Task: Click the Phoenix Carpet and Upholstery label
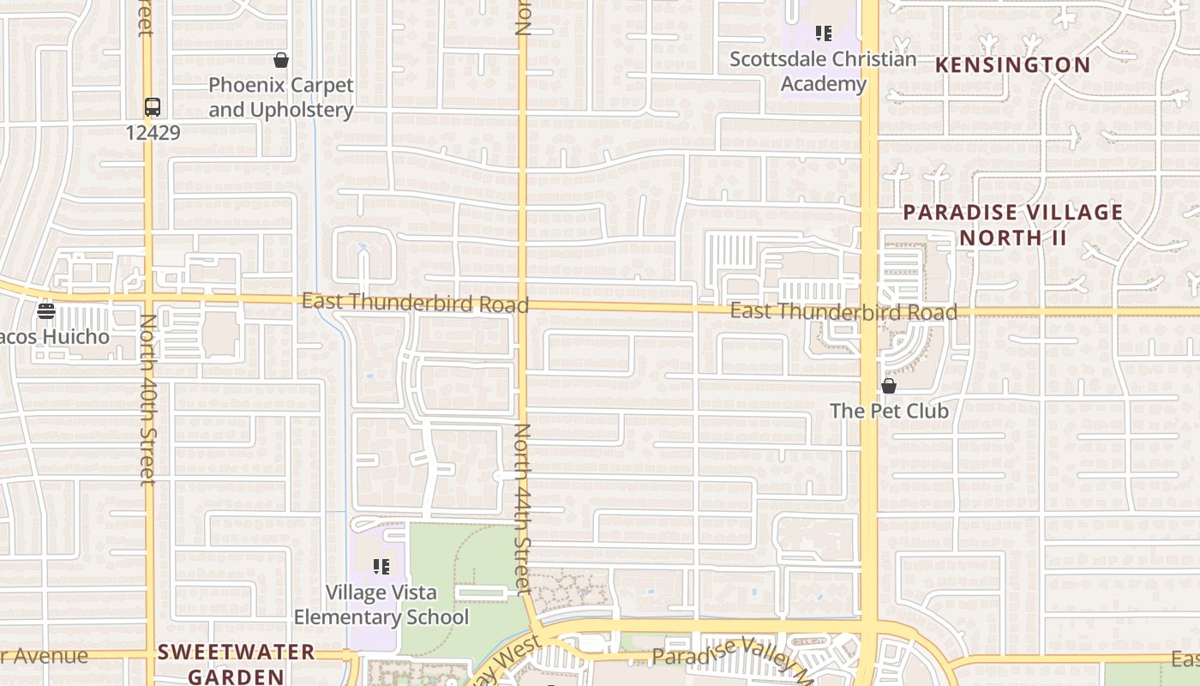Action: [281, 98]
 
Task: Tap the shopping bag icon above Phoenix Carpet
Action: [280, 60]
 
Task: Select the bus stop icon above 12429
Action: [153, 108]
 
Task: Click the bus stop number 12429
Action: [153, 132]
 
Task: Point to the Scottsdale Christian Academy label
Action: [823, 72]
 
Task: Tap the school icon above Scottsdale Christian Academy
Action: [824, 33]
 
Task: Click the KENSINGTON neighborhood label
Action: [1012, 65]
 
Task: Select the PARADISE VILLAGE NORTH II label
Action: [1013, 225]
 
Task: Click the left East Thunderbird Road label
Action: [415, 303]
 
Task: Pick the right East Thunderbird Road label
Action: [843, 312]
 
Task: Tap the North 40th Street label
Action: [147, 400]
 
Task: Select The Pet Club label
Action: [889, 411]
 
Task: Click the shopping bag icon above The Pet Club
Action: [889, 386]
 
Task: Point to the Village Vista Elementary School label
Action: [381, 605]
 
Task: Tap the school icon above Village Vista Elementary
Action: [381, 567]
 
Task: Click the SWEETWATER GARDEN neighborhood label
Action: [237, 664]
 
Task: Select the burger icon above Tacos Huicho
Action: [46, 310]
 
